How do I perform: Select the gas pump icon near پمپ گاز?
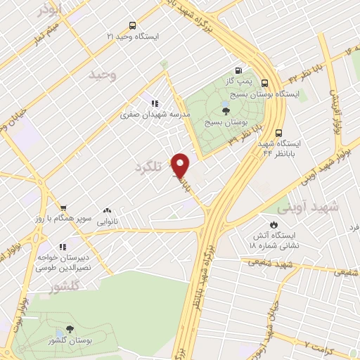point(239,71)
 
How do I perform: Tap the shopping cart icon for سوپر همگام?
point(64,208)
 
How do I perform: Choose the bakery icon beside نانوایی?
point(108,210)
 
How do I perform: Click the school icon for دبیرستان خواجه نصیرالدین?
point(63,247)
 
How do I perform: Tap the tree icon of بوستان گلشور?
point(70,328)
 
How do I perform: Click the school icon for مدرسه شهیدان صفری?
point(155,103)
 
